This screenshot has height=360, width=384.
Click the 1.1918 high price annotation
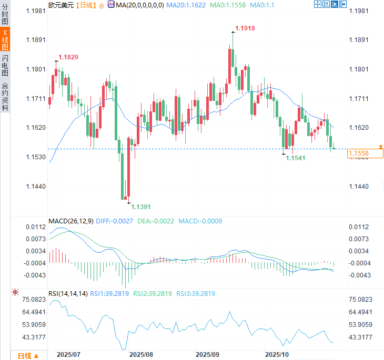tap(245, 28)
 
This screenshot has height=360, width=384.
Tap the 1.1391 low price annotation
tap(141, 207)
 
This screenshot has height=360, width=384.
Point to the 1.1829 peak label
tap(68, 57)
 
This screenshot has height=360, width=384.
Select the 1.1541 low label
tap(296, 158)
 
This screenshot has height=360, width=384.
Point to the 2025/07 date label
tap(68, 355)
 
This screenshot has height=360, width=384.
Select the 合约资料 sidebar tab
tap(5, 96)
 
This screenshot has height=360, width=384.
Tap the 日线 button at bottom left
tap(28, 356)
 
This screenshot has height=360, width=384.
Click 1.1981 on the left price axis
tap(36, 11)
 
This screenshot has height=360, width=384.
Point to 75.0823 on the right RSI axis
tap(360, 300)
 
